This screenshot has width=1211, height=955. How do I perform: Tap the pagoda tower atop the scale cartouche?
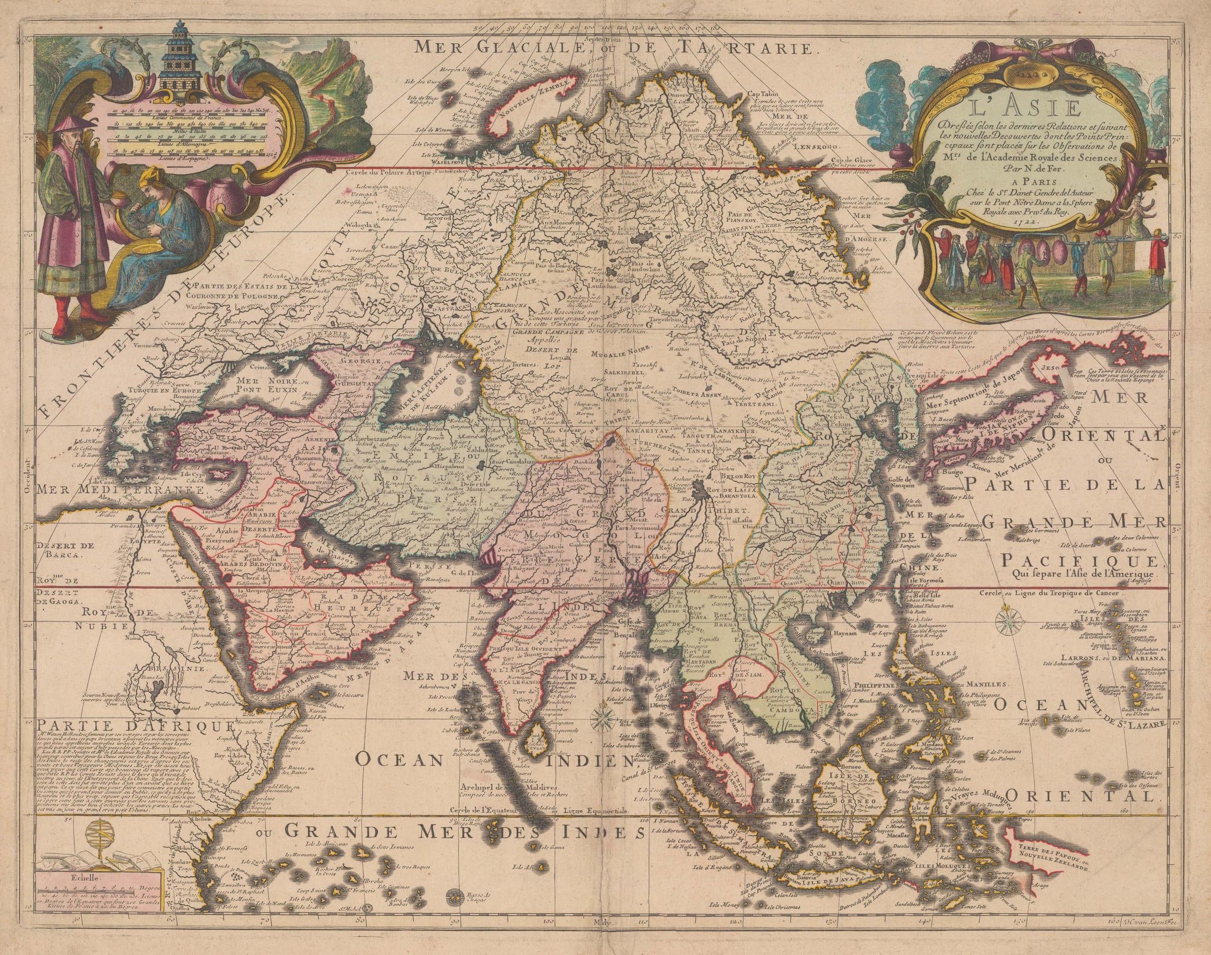point(178,56)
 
